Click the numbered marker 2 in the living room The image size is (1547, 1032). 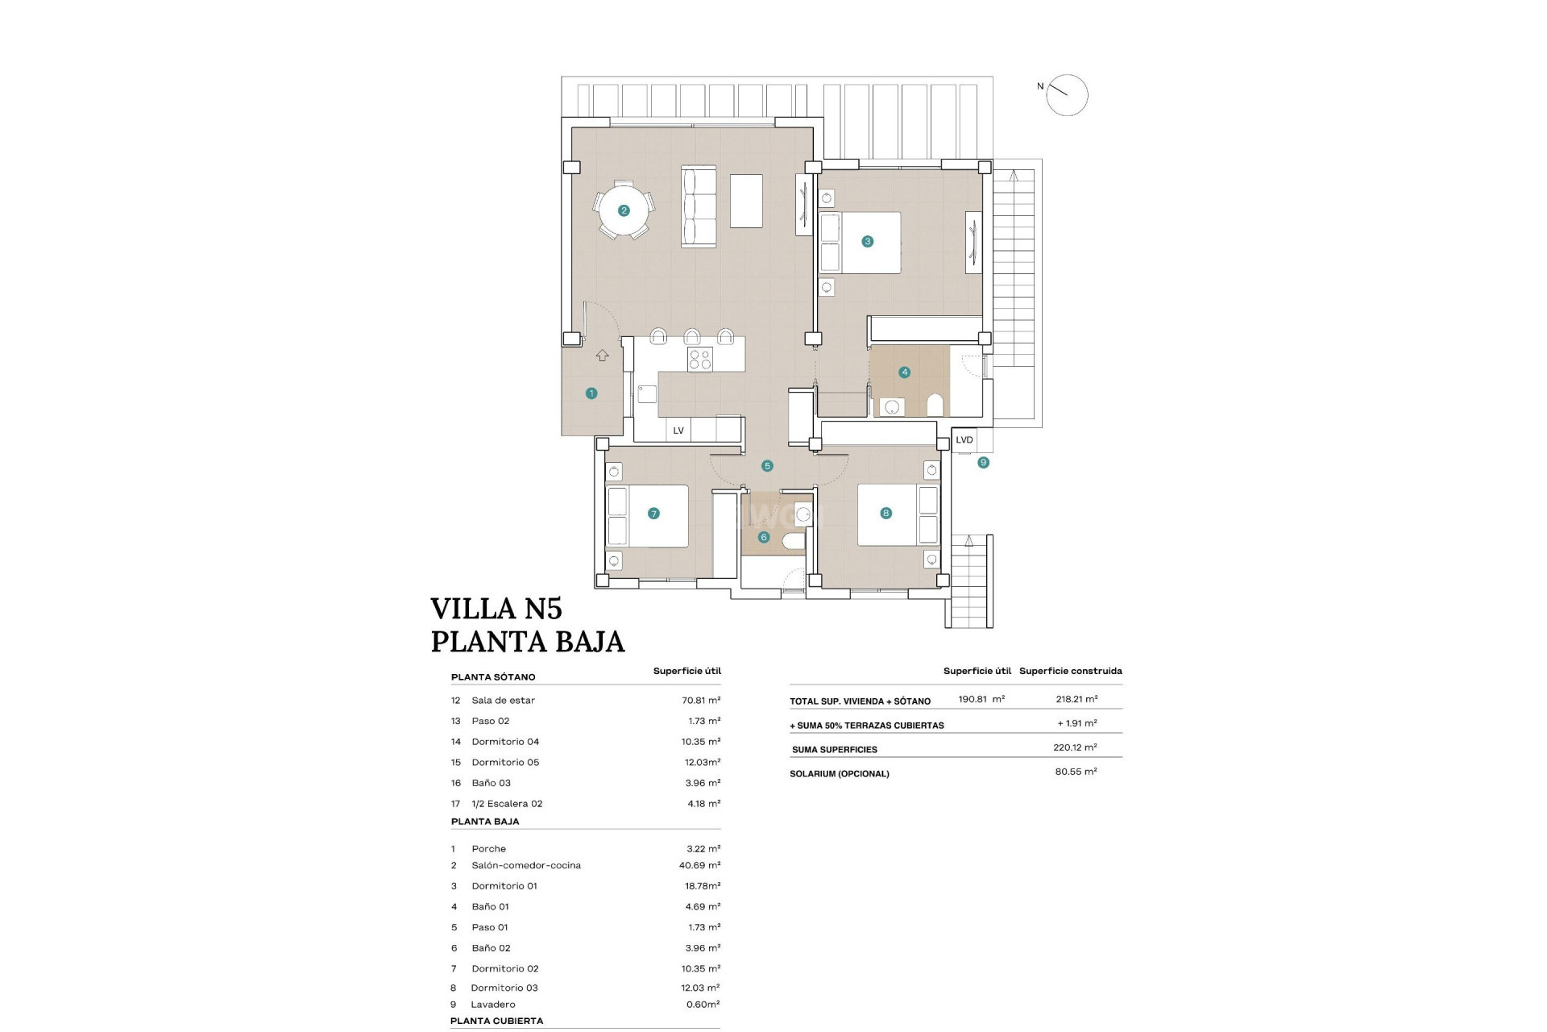624,210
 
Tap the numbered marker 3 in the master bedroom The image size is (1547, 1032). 867,241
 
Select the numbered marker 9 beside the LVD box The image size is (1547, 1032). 983,463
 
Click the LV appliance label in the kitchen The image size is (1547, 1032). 678,431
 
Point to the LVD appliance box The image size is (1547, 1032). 964,440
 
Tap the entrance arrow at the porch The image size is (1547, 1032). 602,356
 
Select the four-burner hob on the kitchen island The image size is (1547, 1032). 700,359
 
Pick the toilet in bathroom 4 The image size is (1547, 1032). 935,404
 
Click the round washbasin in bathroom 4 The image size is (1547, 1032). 891,407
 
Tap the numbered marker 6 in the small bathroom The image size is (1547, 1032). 764,537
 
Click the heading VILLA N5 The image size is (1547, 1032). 496,608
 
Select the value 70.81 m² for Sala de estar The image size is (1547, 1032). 701,701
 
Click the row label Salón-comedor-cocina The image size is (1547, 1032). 526,865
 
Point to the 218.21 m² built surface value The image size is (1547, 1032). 1076,699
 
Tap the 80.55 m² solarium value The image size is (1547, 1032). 1076,772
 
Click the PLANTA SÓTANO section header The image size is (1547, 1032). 493,677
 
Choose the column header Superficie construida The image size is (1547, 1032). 1070,671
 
